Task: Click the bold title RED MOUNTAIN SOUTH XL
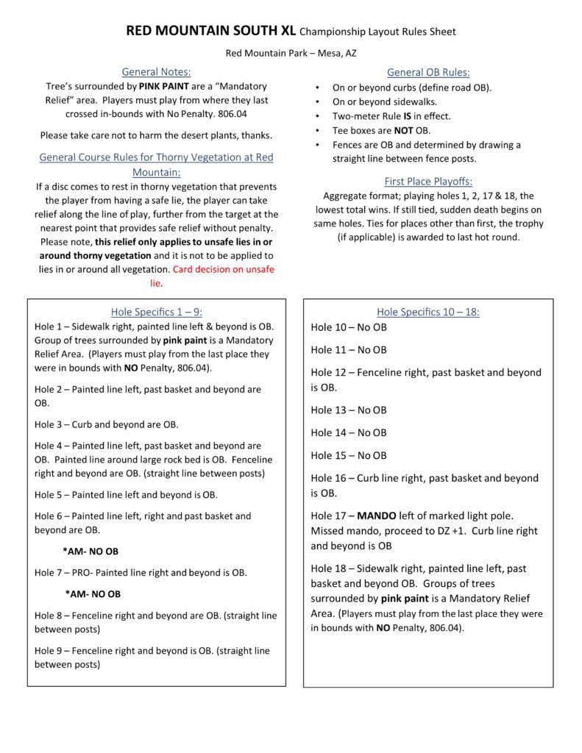click(214, 32)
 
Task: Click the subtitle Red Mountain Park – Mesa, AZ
click(291, 54)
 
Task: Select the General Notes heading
click(156, 72)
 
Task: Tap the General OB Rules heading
click(428, 72)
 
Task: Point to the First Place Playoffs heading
click(428, 182)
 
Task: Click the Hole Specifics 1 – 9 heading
click(156, 312)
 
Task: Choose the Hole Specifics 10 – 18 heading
click(428, 312)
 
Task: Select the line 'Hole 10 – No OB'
click(349, 327)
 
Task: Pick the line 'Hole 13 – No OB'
click(349, 410)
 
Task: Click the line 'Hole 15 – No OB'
click(349, 455)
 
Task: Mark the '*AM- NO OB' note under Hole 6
click(91, 551)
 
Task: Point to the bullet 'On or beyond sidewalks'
click(384, 102)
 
